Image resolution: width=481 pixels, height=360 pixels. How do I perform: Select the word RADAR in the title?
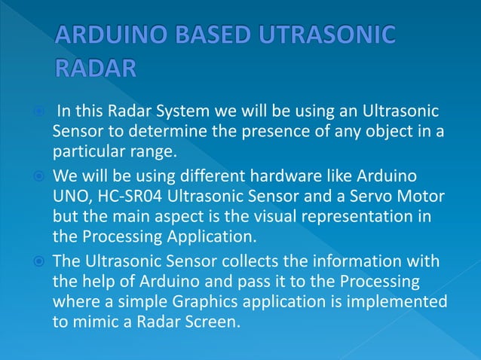point(96,69)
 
